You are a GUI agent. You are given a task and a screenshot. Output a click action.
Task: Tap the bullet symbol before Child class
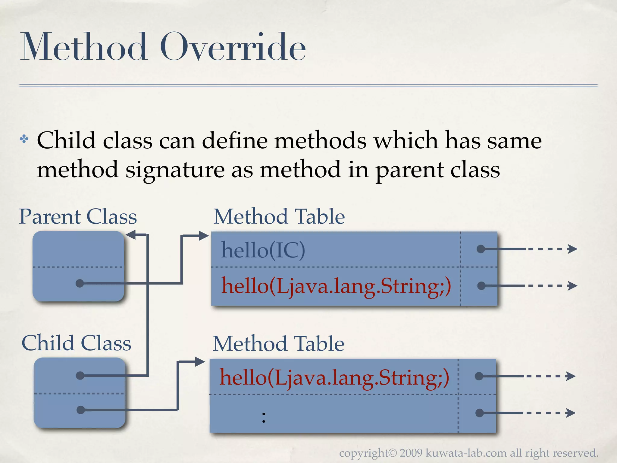tap(24, 139)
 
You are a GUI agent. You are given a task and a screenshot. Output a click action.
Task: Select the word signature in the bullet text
tap(175, 170)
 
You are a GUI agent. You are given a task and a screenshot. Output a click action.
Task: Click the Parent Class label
tap(78, 216)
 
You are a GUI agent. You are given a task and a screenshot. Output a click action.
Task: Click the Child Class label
tap(76, 343)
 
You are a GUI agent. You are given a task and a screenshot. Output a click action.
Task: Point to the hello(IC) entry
tap(263, 250)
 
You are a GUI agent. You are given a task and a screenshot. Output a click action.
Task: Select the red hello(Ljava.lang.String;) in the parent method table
tap(336, 286)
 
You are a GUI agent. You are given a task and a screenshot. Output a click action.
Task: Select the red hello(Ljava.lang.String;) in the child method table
tap(334, 377)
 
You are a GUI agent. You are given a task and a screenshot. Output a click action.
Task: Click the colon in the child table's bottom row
tap(264, 417)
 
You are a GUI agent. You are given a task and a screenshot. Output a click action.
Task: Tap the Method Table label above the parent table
tap(279, 216)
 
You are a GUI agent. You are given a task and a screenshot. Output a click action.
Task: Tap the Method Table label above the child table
tap(278, 344)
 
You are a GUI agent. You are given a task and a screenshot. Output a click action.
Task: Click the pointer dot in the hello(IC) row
tap(481, 249)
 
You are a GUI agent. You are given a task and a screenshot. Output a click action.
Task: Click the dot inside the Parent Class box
tap(80, 283)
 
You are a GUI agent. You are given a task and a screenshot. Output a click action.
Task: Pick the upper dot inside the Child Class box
tap(80, 375)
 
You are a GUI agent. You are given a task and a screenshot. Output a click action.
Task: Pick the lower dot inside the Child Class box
tap(80, 410)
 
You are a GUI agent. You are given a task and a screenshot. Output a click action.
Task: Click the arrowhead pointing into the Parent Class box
tap(131, 235)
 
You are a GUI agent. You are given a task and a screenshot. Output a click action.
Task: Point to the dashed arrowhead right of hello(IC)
tap(572, 249)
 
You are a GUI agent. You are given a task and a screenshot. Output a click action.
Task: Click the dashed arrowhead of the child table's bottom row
tap(571, 413)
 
